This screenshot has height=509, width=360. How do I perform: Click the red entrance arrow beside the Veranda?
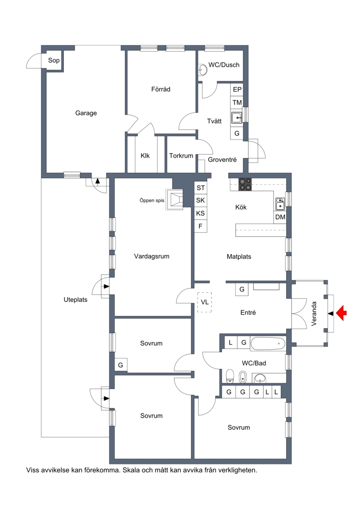[342, 313]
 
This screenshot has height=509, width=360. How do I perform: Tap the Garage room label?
[86, 113]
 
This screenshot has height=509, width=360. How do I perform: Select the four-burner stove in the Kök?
[245, 185]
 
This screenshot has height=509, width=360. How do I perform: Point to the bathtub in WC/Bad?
[268, 343]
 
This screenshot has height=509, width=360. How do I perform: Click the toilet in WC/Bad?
[230, 376]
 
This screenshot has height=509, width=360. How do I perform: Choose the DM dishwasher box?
[280, 217]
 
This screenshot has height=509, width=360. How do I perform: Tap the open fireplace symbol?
[175, 198]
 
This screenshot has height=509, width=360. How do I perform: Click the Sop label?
[54, 60]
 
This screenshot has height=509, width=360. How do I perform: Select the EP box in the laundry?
[237, 90]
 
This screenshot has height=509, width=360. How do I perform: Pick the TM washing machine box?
[237, 103]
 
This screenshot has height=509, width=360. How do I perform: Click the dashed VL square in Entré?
[204, 302]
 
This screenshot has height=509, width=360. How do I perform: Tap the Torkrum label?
[181, 156]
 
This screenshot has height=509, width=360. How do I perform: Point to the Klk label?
[145, 156]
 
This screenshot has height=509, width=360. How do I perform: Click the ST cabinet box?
[201, 188]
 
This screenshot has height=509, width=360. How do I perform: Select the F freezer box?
[201, 226]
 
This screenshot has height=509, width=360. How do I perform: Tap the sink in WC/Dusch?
[203, 70]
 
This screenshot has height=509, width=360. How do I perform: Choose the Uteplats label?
[75, 300]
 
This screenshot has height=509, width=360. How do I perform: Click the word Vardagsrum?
[152, 257]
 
